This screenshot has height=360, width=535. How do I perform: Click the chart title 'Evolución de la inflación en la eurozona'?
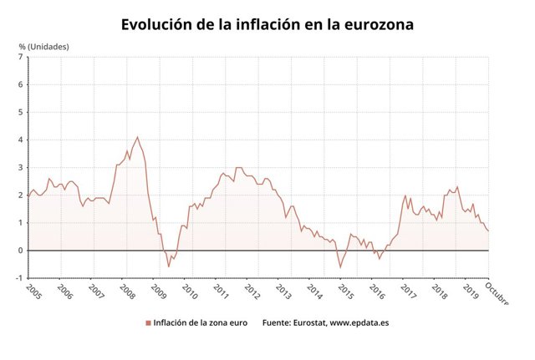point(267,24)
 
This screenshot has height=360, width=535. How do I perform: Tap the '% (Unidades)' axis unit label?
point(44,46)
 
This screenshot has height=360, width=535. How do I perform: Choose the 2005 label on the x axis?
point(34,292)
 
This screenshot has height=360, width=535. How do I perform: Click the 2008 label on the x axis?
point(128,292)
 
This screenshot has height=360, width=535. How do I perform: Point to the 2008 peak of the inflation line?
point(137,137)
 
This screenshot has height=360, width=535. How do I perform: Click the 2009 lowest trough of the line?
point(168,266)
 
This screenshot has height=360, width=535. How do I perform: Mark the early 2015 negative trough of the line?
point(340,266)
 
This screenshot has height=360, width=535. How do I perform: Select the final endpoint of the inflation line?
point(488,231)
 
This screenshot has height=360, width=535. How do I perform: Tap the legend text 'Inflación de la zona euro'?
point(201,322)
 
